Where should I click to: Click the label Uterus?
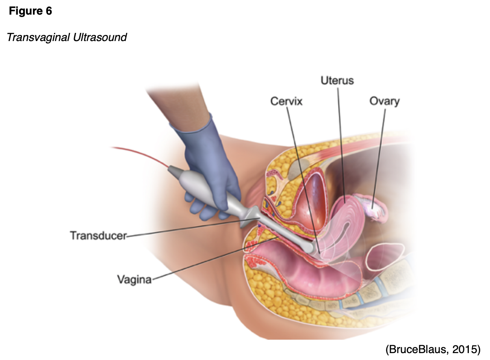coord(337,80)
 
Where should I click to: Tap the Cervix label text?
coord(286,101)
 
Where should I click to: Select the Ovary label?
coord(384,101)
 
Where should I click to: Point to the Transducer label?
coord(98,236)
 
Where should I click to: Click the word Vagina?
coord(134,280)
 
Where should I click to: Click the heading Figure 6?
coord(30,11)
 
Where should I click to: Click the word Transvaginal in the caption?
coord(39,38)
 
